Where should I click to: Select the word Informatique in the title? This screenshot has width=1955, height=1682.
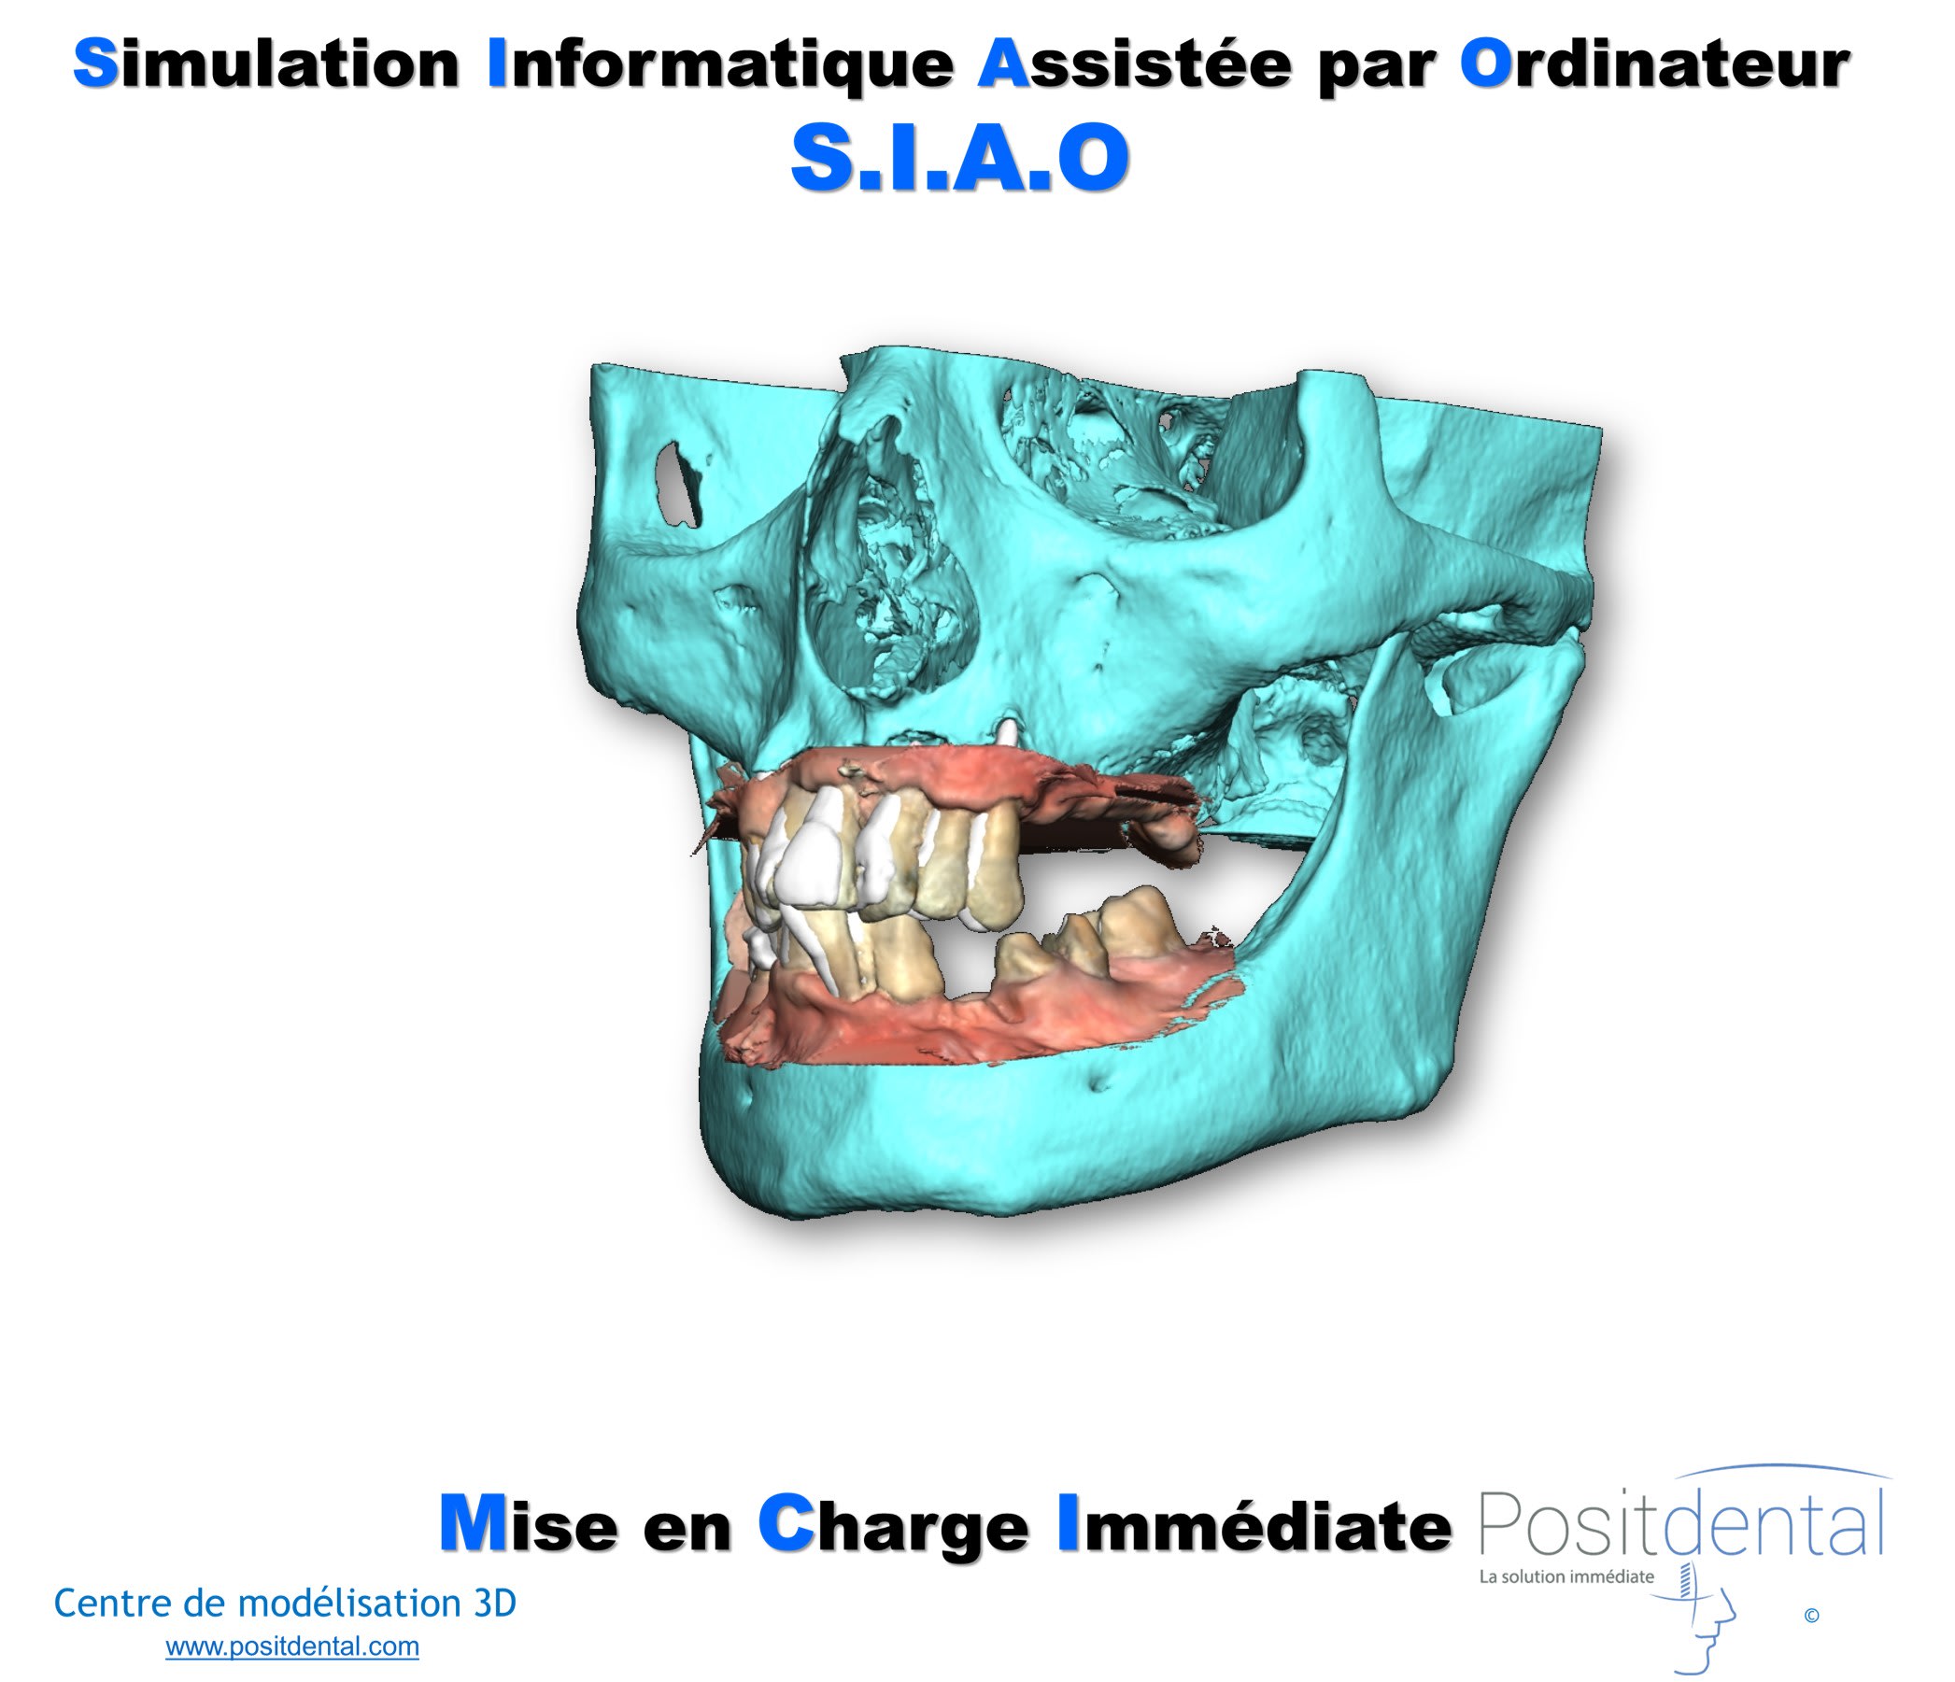tap(721, 67)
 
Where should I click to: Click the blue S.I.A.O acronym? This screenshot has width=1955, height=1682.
tap(959, 158)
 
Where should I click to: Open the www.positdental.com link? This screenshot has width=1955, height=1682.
tap(292, 1647)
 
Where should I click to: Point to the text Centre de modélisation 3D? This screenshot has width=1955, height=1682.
tap(285, 1603)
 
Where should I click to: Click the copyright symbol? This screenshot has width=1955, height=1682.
tap(1811, 1615)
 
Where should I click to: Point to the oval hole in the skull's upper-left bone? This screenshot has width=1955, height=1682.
tap(678, 486)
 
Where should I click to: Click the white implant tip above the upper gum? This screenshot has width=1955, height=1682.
tap(1008, 733)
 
